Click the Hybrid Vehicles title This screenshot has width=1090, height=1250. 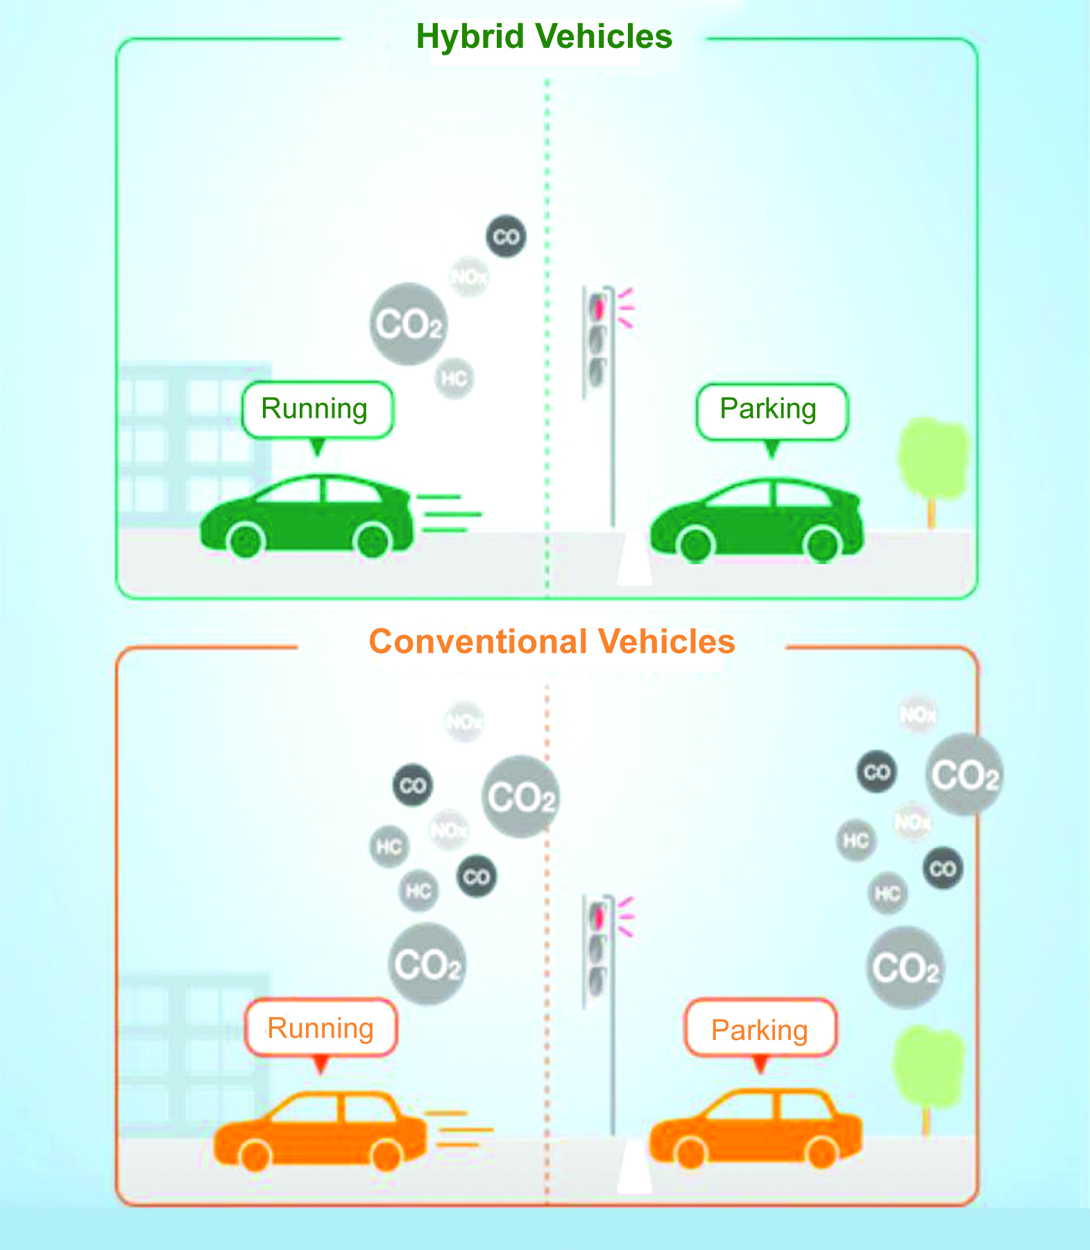pyautogui.click(x=544, y=37)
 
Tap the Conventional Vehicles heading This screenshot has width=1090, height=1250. pyautogui.click(x=552, y=642)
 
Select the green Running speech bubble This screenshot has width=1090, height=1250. pyautogui.click(x=317, y=409)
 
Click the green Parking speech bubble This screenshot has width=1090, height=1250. pyautogui.click(x=771, y=411)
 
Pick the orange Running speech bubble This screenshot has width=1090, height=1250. pyautogui.click(x=321, y=1028)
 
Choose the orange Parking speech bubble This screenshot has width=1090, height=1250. pyautogui.click(x=760, y=1029)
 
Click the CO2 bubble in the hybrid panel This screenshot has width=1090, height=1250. pyautogui.click(x=408, y=324)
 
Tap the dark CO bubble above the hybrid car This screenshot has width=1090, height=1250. pyautogui.click(x=506, y=237)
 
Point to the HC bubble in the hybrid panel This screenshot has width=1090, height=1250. pyautogui.click(x=454, y=379)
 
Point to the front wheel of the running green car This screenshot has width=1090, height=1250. pyautogui.click(x=246, y=541)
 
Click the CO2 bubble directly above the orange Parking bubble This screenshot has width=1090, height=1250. pyautogui.click(x=905, y=968)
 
